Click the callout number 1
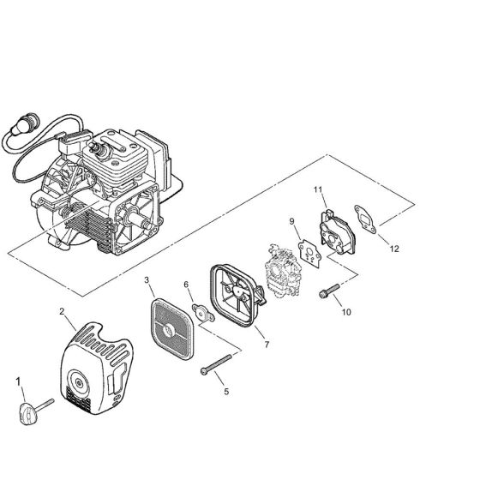(x=18, y=381)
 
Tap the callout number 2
(x=62, y=311)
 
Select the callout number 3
(x=147, y=279)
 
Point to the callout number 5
(x=226, y=392)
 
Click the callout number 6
(x=186, y=285)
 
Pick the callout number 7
(x=267, y=345)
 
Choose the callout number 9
(x=291, y=221)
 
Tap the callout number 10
(x=346, y=312)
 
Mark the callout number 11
(x=318, y=189)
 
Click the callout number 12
(x=394, y=249)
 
